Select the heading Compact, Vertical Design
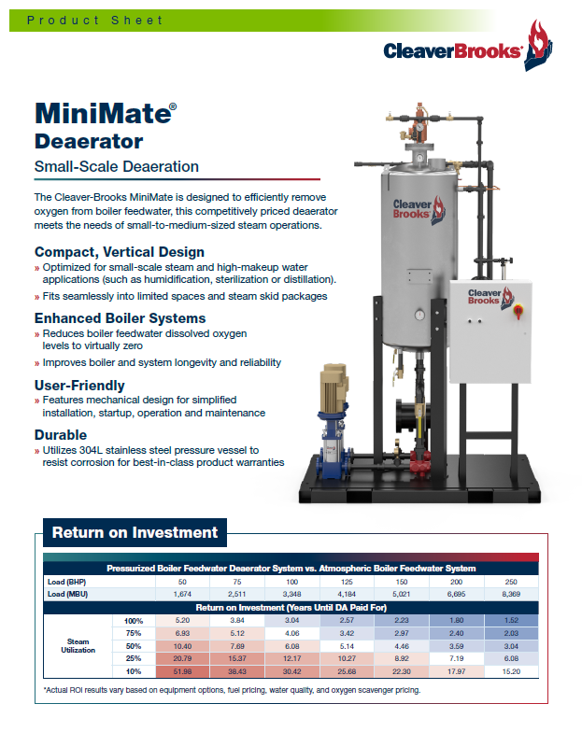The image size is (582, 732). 119,252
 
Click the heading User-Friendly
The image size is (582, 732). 79,385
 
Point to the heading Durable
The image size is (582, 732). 62,435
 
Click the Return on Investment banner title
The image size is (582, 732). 135,533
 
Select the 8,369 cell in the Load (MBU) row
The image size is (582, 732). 511,594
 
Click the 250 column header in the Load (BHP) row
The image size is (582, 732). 511,581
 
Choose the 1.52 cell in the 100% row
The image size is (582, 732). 511,620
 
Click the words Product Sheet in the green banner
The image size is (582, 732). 94,21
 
